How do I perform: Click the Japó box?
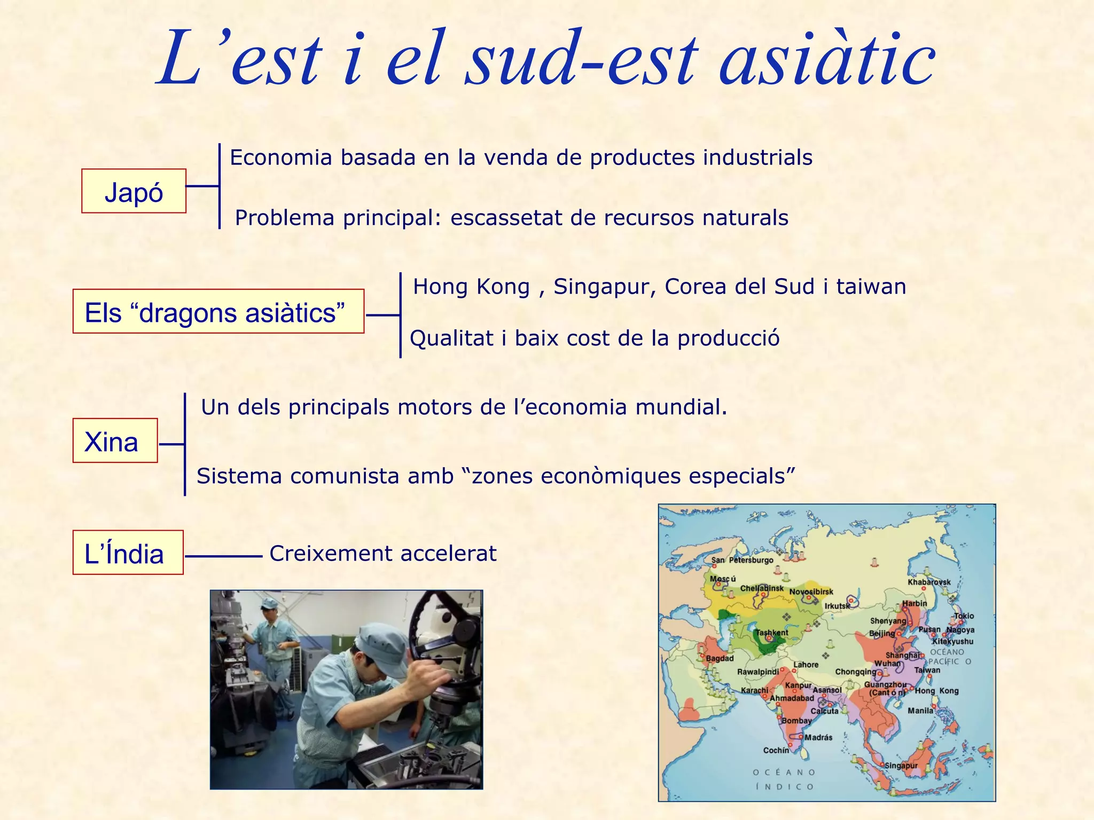click(134, 192)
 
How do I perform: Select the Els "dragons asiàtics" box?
click(218, 312)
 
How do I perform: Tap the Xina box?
click(115, 441)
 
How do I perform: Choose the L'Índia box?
click(128, 553)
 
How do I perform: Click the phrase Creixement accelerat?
click(382, 554)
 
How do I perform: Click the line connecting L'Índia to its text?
click(223, 556)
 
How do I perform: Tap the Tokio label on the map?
click(964, 616)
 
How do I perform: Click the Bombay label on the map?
click(796, 721)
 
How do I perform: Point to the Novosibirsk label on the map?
click(811, 592)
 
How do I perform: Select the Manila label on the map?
click(920, 711)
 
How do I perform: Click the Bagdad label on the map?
click(720, 658)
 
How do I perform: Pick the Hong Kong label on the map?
click(936, 691)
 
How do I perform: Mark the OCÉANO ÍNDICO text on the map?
click(784, 779)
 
